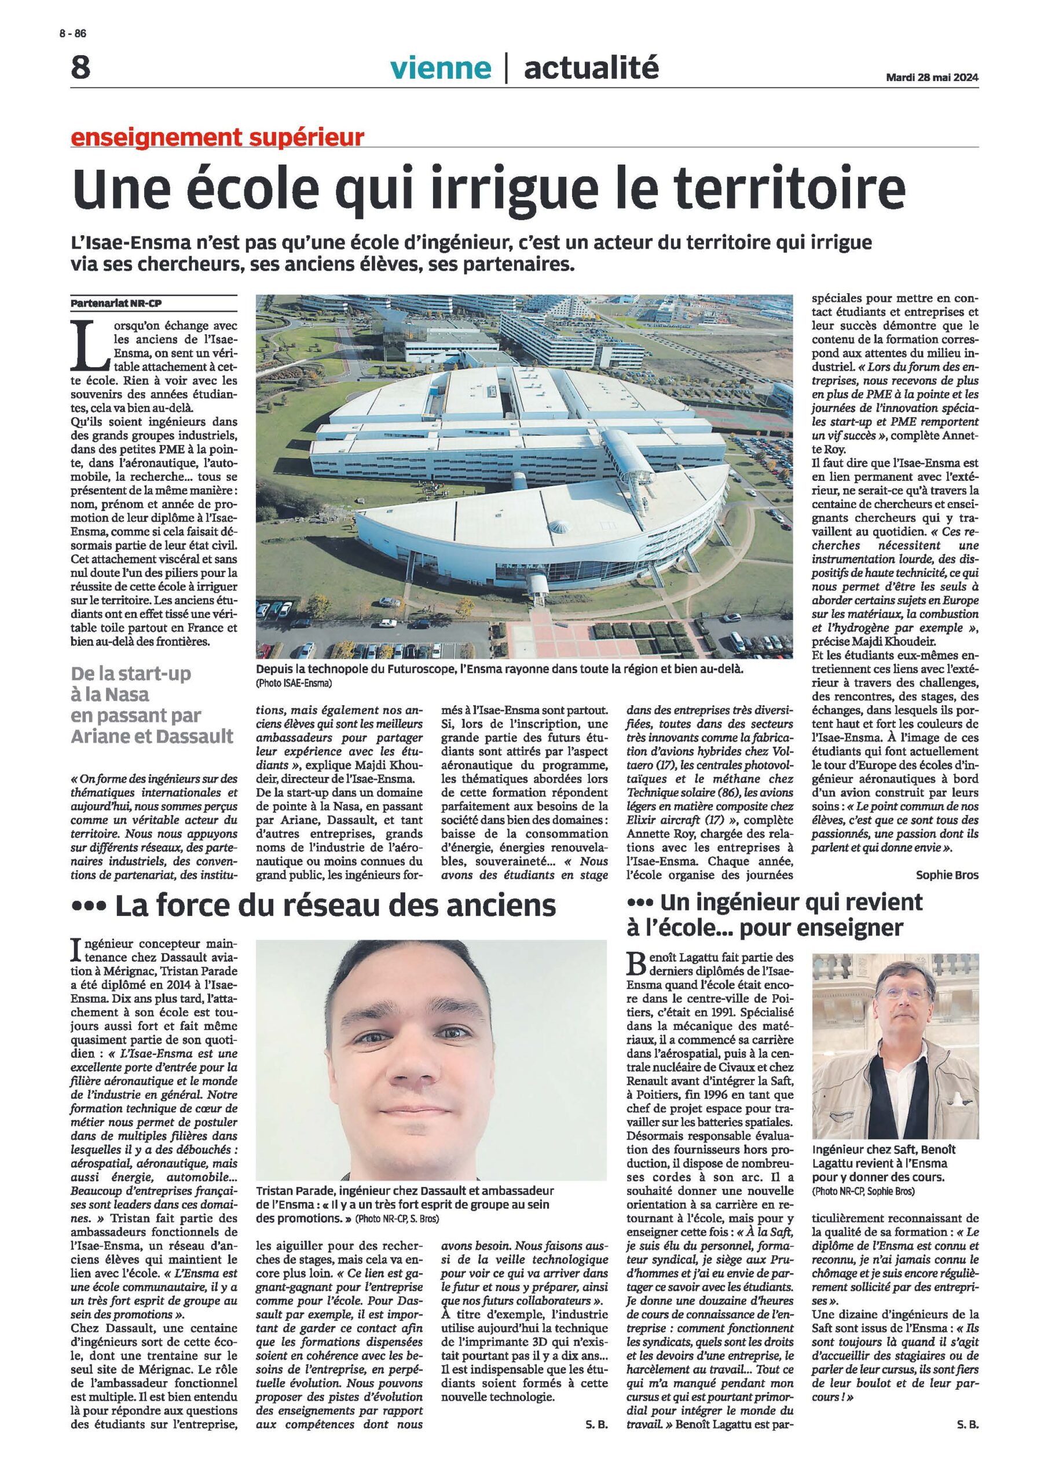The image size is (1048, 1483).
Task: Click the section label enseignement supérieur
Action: (x=218, y=137)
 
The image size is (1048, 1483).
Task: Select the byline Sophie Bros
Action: (x=947, y=875)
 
